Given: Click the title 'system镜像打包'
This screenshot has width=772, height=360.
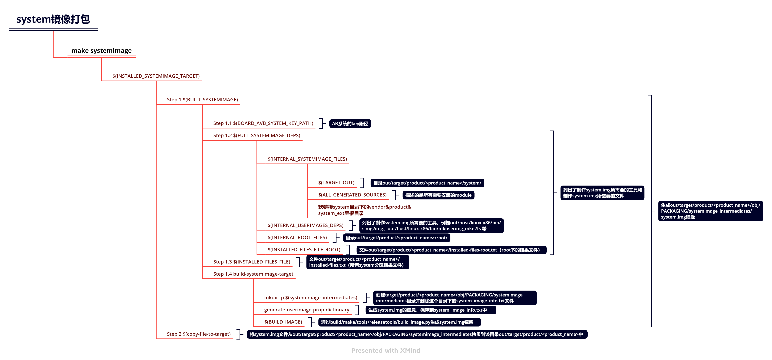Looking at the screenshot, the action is click(53, 19).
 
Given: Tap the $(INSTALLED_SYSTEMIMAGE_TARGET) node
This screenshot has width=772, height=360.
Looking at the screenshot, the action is click(156, 76).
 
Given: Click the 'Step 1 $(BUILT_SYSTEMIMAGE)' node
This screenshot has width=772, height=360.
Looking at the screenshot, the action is click(202, 100).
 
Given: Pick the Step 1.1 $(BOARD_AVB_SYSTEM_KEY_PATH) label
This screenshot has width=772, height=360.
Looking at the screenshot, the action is click(263, 123).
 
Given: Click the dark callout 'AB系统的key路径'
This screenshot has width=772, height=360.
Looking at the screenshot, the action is click(350, 124).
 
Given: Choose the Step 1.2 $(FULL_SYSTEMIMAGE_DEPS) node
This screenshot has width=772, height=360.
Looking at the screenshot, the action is click(256, 135).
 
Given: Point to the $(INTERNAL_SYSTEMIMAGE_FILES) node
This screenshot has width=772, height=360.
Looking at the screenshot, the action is click(307, 159).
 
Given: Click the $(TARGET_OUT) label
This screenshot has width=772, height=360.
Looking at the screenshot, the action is click(336, 183).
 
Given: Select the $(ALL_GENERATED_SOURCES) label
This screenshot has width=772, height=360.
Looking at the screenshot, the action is click(352, 195).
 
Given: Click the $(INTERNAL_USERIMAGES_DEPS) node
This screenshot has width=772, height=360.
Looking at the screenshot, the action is click(305, 225).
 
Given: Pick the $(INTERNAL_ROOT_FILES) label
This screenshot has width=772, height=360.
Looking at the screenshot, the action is click(297, 237).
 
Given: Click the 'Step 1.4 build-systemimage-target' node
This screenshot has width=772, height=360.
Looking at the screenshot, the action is click(253, 274).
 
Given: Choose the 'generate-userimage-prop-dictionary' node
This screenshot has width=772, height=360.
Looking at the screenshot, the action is click(307, 310).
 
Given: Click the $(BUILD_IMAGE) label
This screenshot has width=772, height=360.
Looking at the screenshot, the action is click(283, 322).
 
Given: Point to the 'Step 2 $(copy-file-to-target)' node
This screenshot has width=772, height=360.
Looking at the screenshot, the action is click(199, 334).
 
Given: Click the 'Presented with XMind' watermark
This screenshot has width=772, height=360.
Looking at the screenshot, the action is click(386, 350).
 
